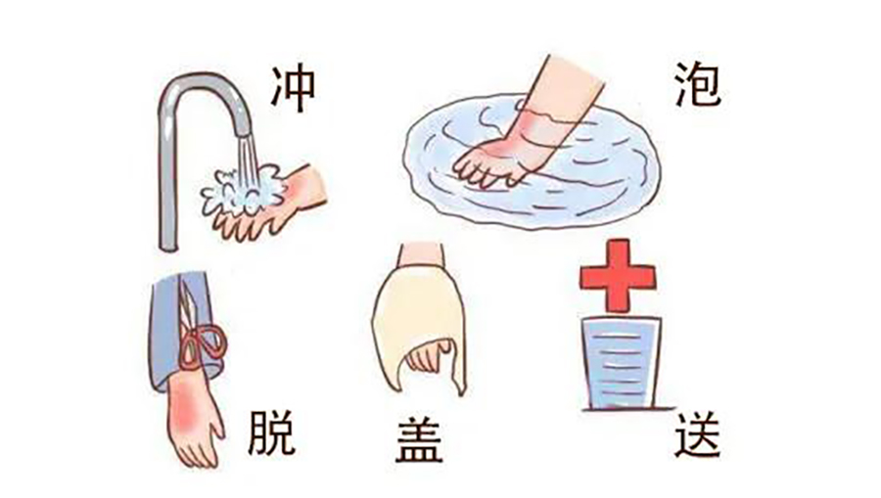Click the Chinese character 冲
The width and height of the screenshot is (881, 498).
pyautogui.click(x=294, y=89)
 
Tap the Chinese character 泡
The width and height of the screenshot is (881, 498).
pyautogui.click(x=698, y=85)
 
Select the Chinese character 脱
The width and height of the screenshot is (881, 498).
pyautogui.click(x=271, y=432)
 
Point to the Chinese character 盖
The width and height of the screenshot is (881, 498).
pyautogui.click(x=419, y=440)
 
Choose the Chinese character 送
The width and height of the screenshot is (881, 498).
pyautogui.click(x=697, y=434)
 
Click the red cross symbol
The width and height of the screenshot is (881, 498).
pyautogui.click(x=618, y=276)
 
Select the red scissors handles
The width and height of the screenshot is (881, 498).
pyautogui.click(x=204, y=344)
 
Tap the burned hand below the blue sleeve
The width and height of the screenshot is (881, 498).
pyautogui.click(x=194, y=419)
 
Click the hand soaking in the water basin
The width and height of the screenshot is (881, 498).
pyautogui.click(x=506, y=146)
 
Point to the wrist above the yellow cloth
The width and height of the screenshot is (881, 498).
pyautogui.click(x=421, y=255)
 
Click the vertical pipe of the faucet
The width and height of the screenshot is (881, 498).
pyautogui.click(x=167, y=180)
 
